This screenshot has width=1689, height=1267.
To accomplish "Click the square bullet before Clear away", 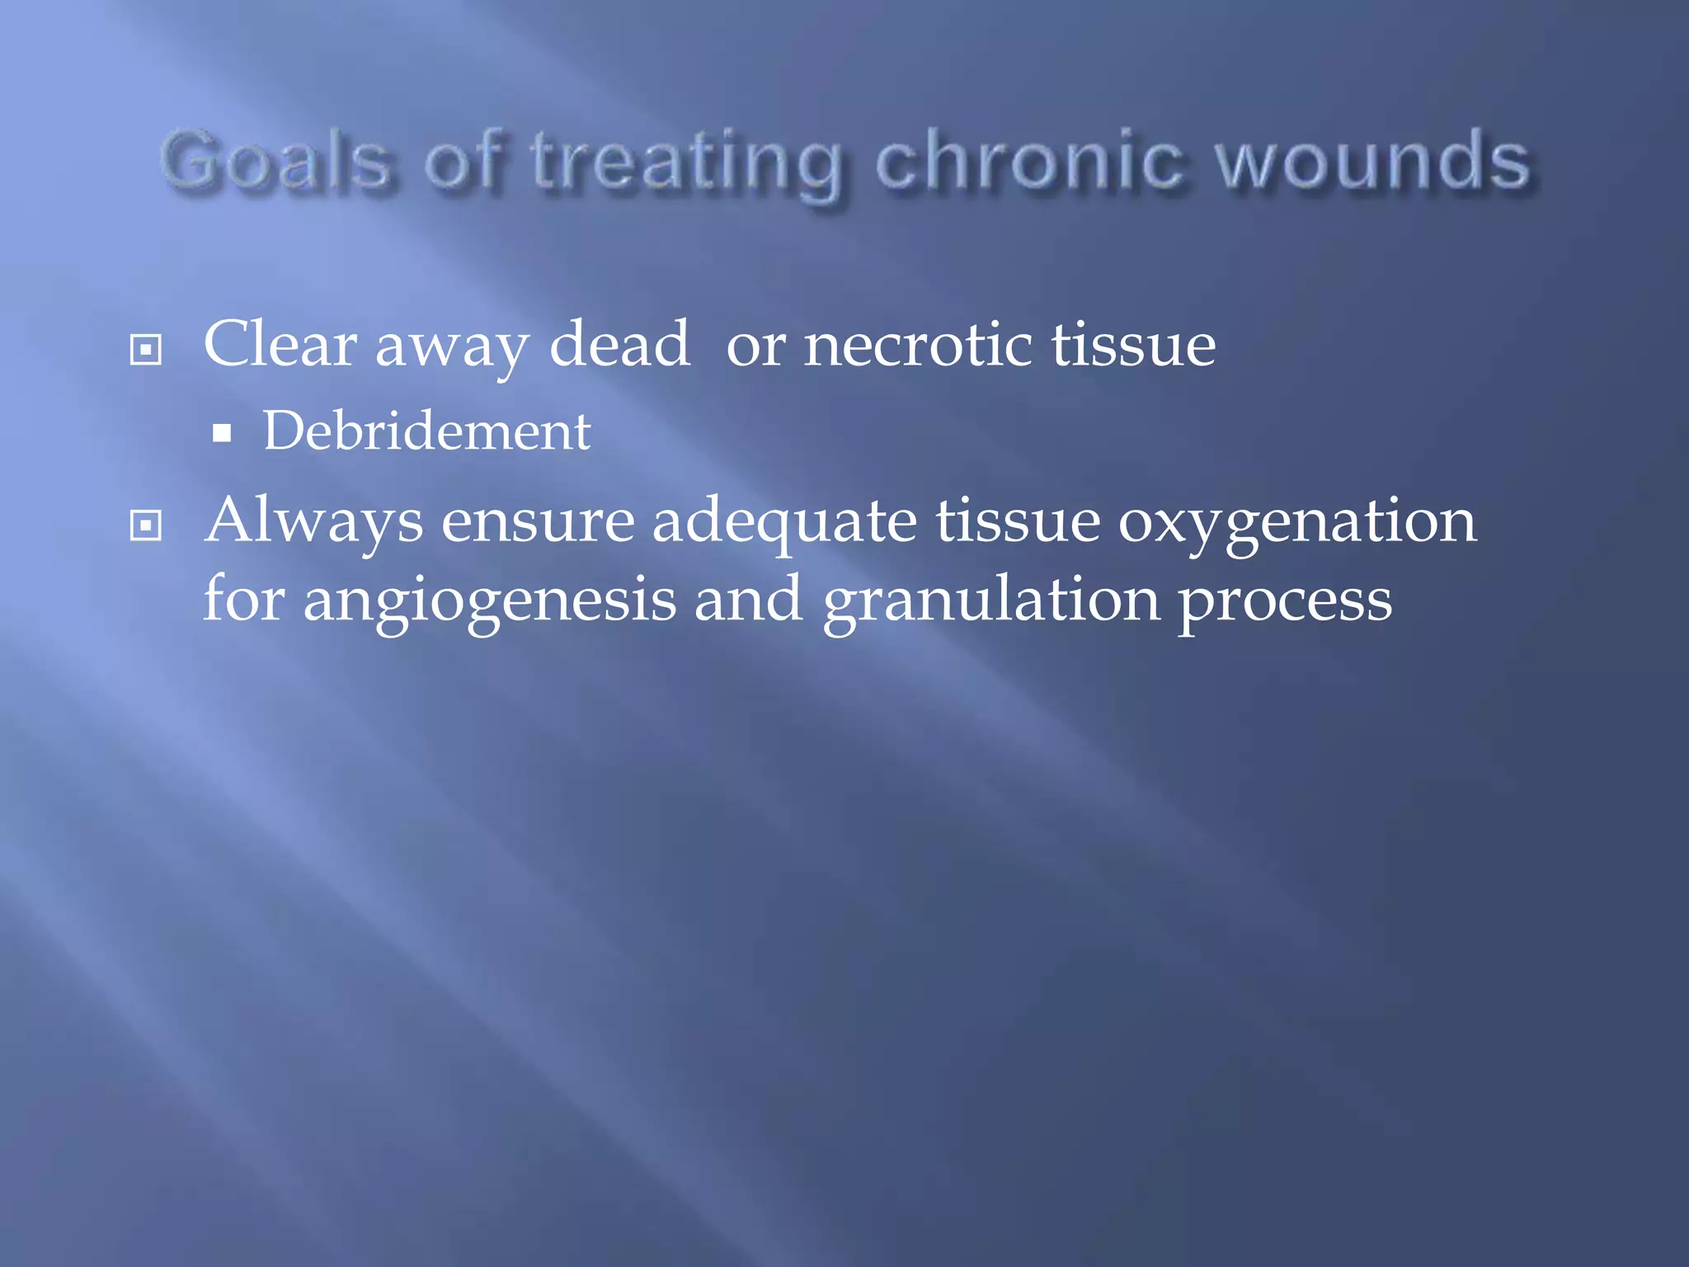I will pyautogui.click(x=146, y=350).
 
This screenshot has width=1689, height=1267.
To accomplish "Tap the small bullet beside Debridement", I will pyautogui.click(x=221, y=434).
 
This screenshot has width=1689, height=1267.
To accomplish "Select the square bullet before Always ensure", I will pyautogui.click(x=146, y=525).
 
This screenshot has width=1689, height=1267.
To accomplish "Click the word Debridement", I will pyautogui.click(x=426, y=431).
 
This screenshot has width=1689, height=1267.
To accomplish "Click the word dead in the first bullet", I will pyautogui.click(x=619, y=344).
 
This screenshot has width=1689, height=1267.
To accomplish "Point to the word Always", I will pyautogui.click(x=313, y=522).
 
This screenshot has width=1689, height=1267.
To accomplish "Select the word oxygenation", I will pyautogui.click(x=1296, y=524).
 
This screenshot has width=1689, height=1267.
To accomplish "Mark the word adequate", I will pyautogui.click(x=783, y=524).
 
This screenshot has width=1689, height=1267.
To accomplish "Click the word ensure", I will pyautogui.click(x=538, y=524).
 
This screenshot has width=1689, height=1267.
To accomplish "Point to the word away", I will pyautogui.click(x=451, y=346).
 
